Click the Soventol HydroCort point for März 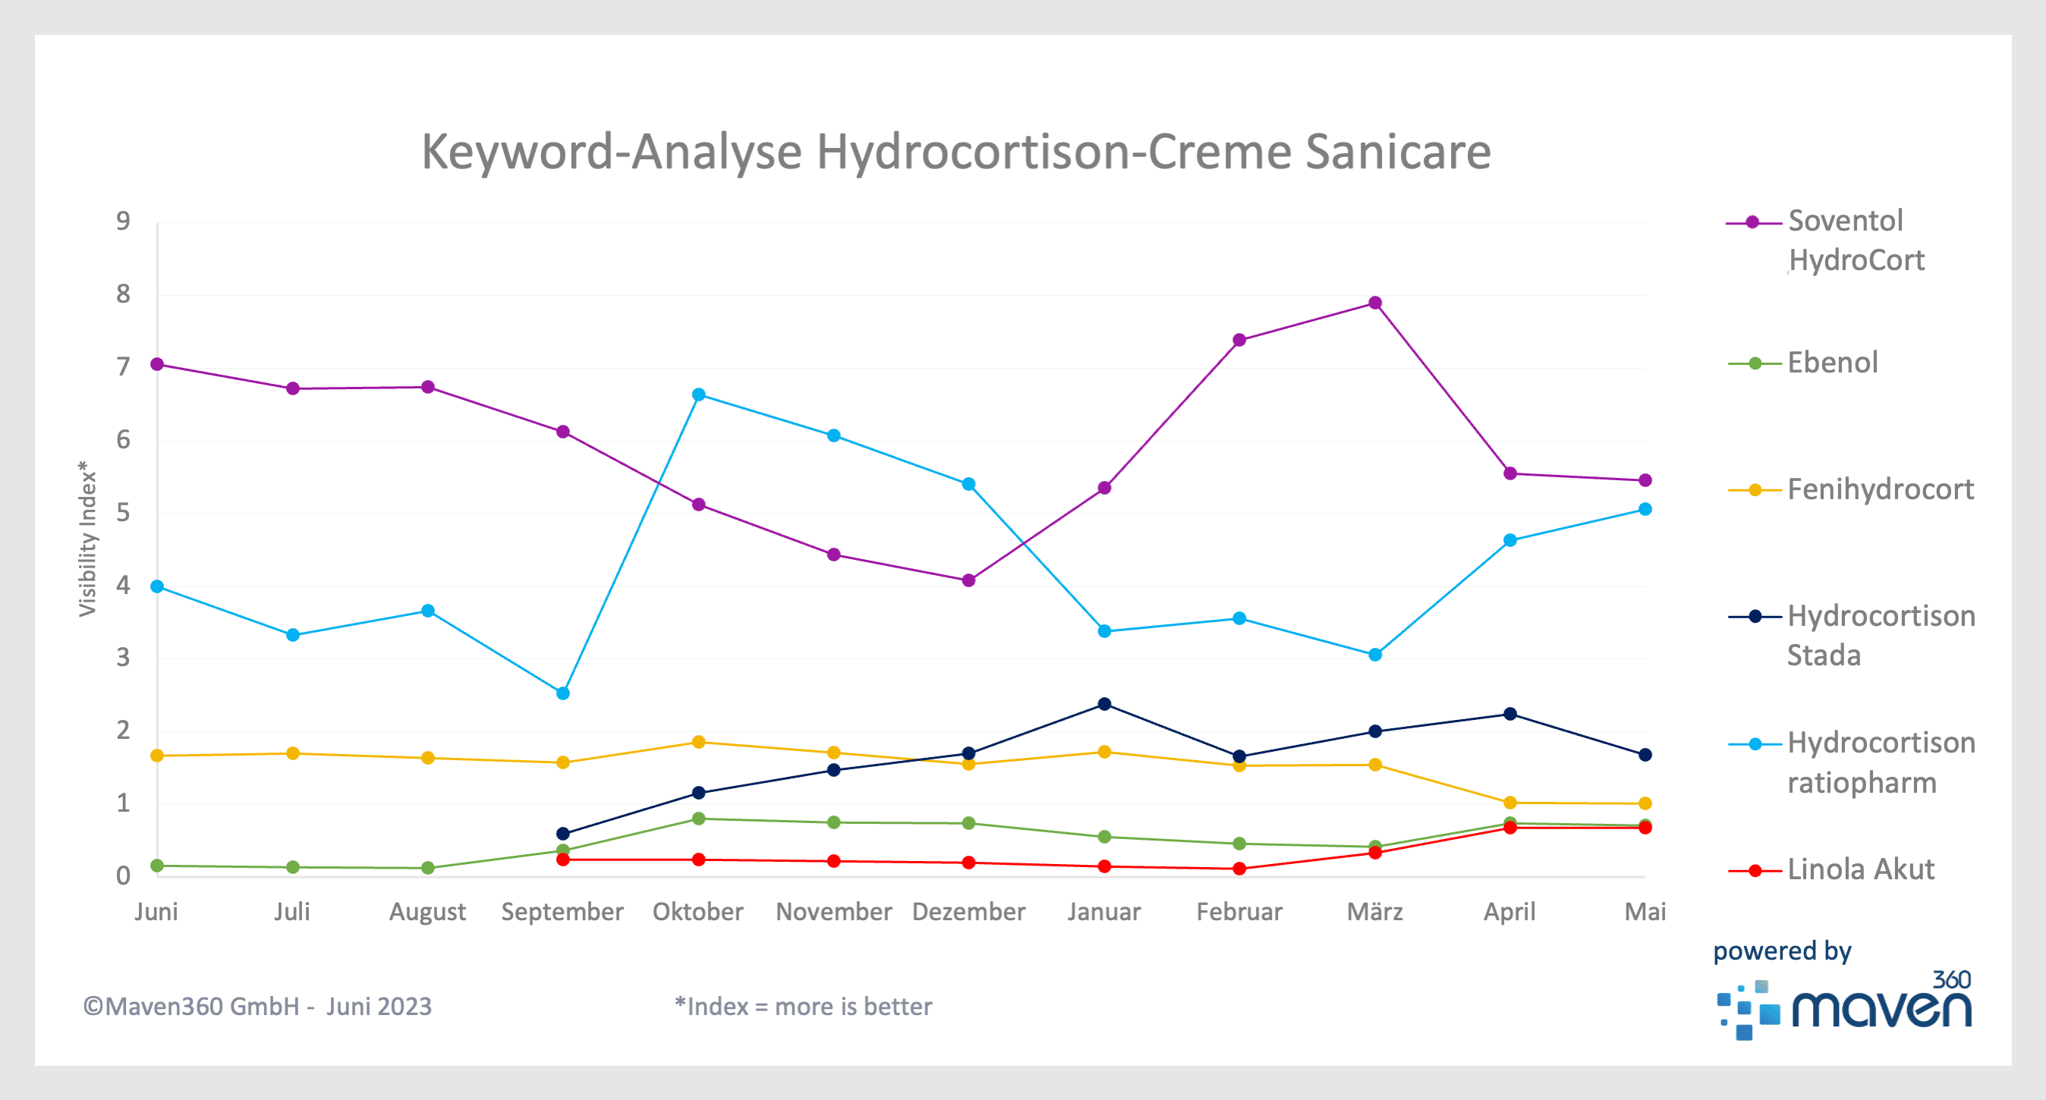click(1375, 303)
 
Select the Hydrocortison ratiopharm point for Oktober click(698, 394)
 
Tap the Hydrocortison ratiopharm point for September click(563, 693)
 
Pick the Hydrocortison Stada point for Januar click(1104, 704)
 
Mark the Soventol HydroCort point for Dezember click(969, 580)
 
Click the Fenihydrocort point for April click(1510, 802)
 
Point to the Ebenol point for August click(428, 868)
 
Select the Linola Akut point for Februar click(1239, 869)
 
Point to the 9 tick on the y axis click(123, 221)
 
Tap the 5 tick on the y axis click(123, 513)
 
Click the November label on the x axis click(833, 912)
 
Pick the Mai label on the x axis click(1645, 912)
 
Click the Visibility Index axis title click(87, 539)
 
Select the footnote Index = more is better click(803, 1007)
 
